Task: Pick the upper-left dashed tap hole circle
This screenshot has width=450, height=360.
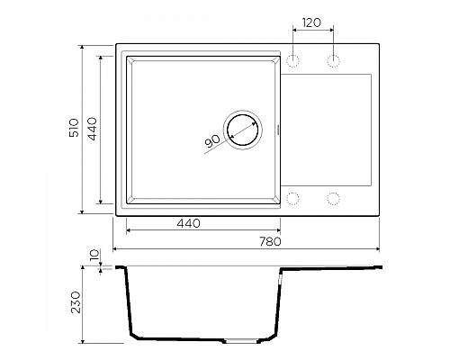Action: point(293,60)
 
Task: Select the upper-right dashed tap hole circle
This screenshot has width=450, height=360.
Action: point(334,60)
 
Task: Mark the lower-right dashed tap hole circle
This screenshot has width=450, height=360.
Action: point(334,198)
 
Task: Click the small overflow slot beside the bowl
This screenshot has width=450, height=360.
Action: point(279,130)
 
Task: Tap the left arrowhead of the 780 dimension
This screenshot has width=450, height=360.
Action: point(115,247)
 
